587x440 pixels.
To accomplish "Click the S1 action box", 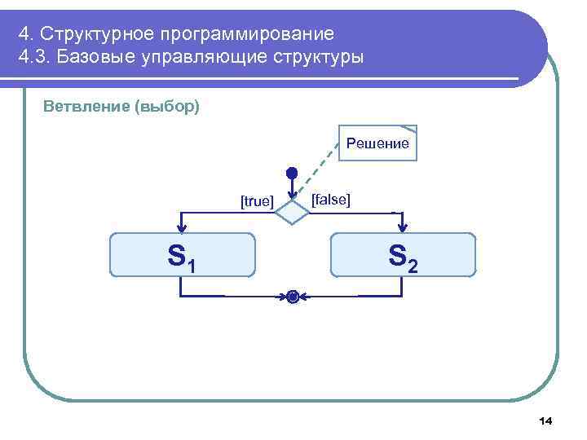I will (x=183, y=256).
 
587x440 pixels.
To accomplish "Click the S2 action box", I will (x=403, y=256).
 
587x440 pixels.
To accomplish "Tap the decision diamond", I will (x=291, y=212).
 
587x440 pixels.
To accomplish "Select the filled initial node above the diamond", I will (x=291, y=174).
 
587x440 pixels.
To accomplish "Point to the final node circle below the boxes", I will (x=292, y=297).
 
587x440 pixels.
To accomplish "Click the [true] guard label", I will (x=257, y=201).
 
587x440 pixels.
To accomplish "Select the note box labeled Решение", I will (x=377, y=143).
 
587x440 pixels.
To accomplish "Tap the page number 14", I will (x=545, y=420).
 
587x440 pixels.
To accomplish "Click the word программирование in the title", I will (x=247, y=34).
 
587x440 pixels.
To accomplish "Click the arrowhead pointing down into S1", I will (x=182, y=228).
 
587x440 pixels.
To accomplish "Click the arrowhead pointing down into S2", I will (x=403, y=228).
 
